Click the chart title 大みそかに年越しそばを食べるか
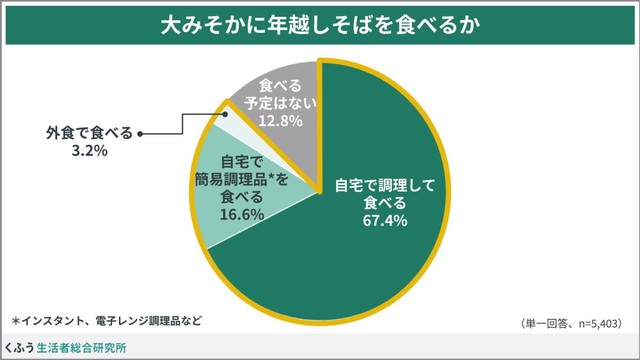pos(320,25)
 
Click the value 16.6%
pos(242,214)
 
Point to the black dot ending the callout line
pos(141,132)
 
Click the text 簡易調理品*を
pos(242,178)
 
